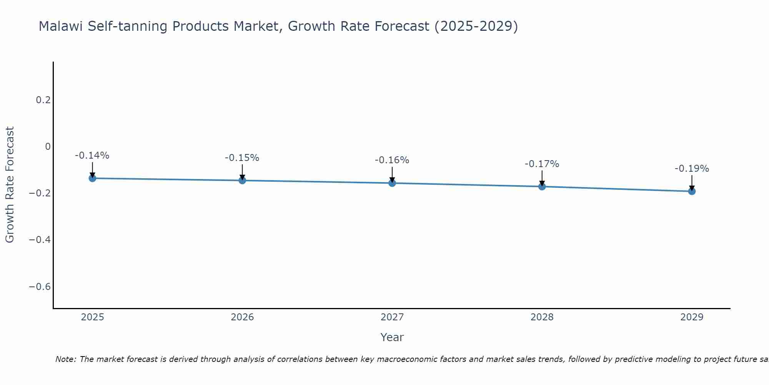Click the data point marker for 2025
(x=92, y=178)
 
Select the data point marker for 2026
(x=242, y=180)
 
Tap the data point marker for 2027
(x=392, y=183)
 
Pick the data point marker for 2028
(x=542, y=187)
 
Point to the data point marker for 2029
(x=692, y=191)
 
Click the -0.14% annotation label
(x=92, y=156)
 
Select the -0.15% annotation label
(x=242, y=158)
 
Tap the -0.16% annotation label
(x=392, y=160)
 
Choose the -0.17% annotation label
(x=542, y=164)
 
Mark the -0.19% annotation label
(x=692, y=169)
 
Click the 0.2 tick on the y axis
(x=43, y=100)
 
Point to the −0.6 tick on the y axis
(x=40, y=287)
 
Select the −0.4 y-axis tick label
(x=40, y=240)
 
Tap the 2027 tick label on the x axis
(x=392, y=317)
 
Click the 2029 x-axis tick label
(x=692, y=317)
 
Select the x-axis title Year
(x=392, y=337)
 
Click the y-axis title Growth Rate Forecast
(x=10, y=185)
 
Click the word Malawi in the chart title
(x=61, y=27)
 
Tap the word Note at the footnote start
(x=66, y=359)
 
